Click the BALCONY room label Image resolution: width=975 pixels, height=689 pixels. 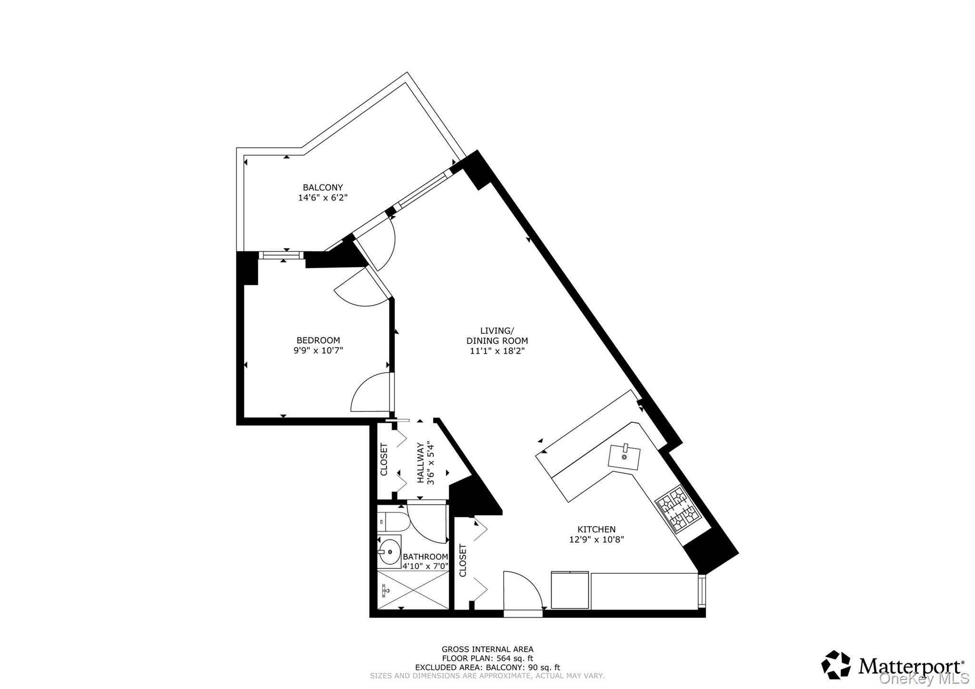(323, 188)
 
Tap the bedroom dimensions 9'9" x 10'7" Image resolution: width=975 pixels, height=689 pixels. (318, 350)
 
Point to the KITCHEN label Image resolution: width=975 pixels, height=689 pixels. (596, 529)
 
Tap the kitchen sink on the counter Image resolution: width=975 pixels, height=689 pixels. (624, 457)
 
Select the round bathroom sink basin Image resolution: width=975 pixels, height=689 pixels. (390, 552)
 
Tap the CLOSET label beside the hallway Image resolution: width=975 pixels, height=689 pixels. (384, 459)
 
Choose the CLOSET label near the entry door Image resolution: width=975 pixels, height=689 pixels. (463, 560)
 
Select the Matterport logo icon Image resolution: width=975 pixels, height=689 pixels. (836, 664)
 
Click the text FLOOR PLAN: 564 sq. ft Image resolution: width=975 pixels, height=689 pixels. (487, 659)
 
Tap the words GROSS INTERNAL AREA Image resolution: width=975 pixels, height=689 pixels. (487, 649)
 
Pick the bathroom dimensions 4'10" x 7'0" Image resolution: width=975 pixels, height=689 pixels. (426, 566)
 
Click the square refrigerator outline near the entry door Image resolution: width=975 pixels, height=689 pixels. (570, 590)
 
